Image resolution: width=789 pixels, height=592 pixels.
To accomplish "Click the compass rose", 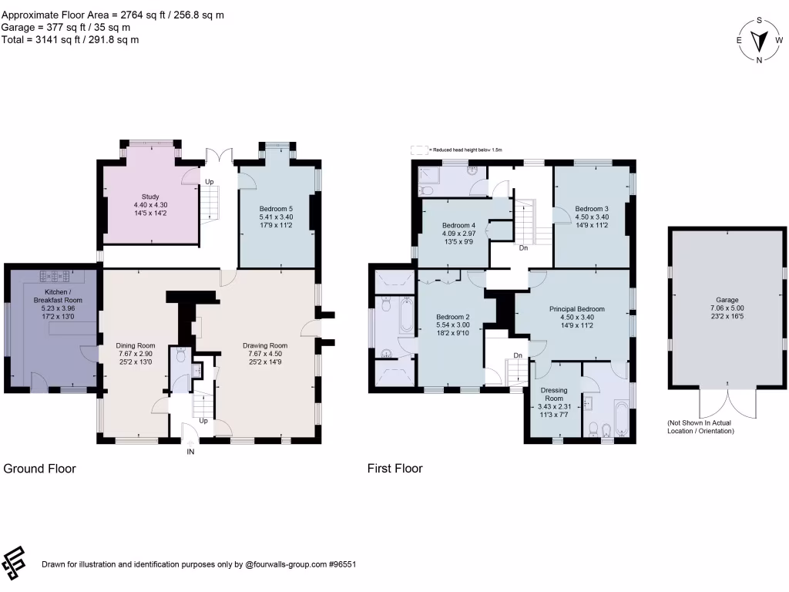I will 760,40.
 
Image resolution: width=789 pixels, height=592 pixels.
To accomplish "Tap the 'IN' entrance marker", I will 190,452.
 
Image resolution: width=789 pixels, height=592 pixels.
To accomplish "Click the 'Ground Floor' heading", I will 40,468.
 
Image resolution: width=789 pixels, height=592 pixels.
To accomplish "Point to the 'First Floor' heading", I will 394,468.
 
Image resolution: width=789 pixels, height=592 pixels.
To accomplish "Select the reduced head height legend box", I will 418,150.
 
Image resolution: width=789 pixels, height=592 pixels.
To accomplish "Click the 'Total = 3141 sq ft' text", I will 70,39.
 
